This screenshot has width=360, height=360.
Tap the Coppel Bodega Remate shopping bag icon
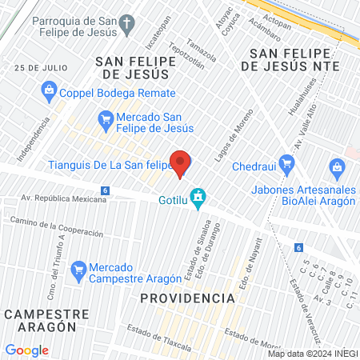pos(48,90)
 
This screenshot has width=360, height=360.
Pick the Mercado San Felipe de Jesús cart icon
pos(105,122)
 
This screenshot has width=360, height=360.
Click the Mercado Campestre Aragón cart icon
pos(78,270)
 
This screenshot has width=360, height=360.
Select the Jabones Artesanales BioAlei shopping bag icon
pos(337,168)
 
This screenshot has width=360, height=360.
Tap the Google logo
pos(26,350)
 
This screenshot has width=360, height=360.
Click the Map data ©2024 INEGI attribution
pos(312,354)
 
